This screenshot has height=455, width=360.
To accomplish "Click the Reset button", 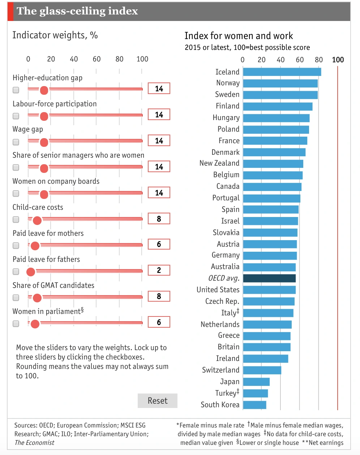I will (x=158, y=401).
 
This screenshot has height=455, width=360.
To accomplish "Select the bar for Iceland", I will (x=282, y=72).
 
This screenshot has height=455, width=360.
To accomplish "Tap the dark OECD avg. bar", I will (x=269, y=278).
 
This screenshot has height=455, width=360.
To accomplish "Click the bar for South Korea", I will (x=254, y=405).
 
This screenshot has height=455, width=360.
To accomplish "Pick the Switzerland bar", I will (x=262, y=370).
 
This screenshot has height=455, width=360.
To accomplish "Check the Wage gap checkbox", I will (x=16, y=141).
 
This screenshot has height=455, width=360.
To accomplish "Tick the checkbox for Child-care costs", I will (x=16, y=220).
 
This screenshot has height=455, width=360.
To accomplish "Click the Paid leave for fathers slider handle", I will (x=31, y=272).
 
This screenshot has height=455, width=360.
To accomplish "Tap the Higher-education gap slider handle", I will (x=44, y=90).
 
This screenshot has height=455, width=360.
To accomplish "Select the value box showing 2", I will (x=159, y=270).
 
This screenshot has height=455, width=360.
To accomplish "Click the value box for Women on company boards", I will (x=159, y=193).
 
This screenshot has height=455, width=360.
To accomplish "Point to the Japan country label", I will (x=230, y=382).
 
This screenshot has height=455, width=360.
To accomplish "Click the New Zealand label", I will (x=219, y=163).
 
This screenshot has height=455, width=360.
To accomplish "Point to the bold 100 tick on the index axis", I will (x=338, y=60).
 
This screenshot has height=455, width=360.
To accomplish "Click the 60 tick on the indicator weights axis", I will (x=97, y=59).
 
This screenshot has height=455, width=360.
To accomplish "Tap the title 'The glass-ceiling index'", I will (x=77, y=11).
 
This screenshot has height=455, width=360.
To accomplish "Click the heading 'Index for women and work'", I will (x=239, y=36).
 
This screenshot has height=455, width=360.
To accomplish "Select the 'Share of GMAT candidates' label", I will (x=53, y=285).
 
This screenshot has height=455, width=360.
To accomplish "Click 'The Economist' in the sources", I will (x=34, y=443).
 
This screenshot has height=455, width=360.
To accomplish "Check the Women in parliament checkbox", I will (x=16, y=324).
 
